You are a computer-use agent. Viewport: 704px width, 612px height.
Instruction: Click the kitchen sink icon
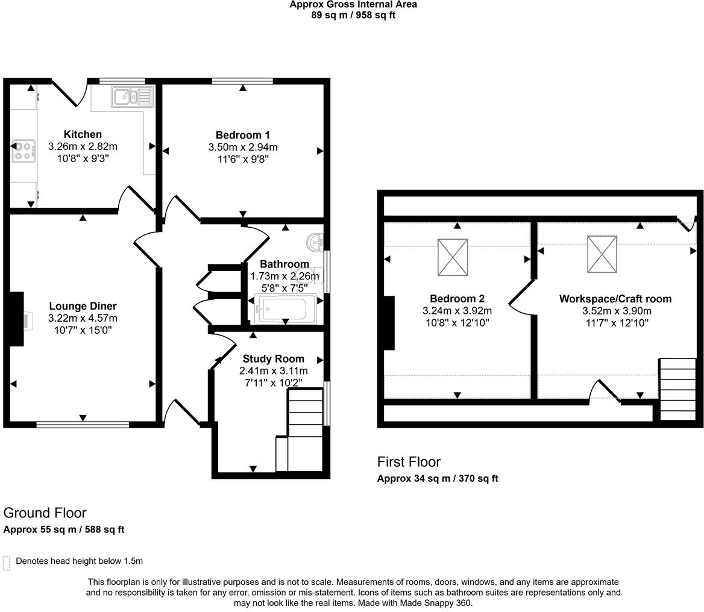coord(132,96)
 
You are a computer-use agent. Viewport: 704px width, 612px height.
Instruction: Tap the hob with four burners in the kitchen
coord(24,151)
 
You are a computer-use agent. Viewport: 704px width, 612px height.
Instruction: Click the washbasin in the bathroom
coord(315,242)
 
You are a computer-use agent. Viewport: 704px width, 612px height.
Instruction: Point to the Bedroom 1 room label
coord(242,135)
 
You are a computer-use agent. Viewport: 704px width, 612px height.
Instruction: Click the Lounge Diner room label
coord(83,306)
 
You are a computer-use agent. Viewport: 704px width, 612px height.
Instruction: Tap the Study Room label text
coord(273,358)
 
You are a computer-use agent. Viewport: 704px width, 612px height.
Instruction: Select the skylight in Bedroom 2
coord(452,257)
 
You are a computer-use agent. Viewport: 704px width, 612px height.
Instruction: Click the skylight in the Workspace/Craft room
coord(602,254)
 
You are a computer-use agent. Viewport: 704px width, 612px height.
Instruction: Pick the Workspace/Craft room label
coord(615,299)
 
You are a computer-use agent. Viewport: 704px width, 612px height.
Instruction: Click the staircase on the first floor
coord(677,389)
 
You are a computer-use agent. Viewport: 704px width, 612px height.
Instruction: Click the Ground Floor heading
coord(45,513)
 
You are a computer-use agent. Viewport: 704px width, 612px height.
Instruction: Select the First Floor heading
coord(409,461)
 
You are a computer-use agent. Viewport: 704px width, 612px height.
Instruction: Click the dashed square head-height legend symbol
coord(7,563)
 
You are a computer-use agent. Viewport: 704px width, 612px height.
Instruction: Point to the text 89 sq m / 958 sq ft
coord(353,15)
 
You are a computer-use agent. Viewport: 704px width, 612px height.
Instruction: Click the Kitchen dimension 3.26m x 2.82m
coord(83,146)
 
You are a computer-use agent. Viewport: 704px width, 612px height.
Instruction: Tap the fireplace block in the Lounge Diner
coord(16,319)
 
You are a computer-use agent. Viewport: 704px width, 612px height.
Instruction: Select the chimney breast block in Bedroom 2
coord(388,322)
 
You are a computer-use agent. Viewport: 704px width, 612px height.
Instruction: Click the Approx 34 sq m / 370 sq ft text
coord(437,478)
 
